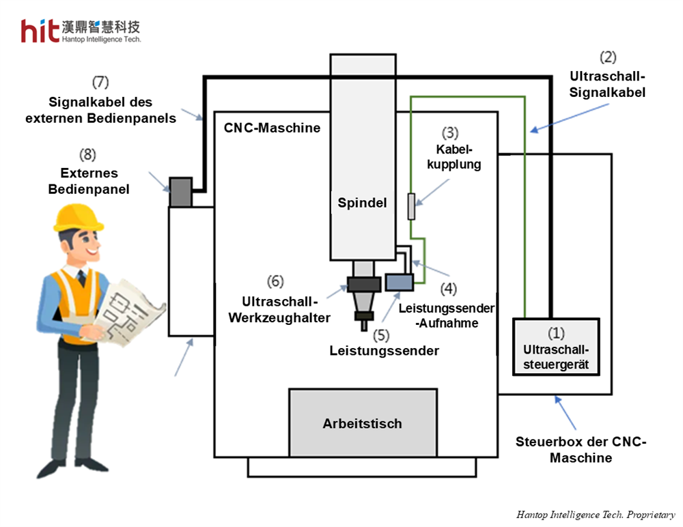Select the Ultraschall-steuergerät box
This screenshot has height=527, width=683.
[556, 347]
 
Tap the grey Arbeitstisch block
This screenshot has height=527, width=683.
[363, 423]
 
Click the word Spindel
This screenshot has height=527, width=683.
[362, 203]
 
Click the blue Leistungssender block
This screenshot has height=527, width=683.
[399, 281]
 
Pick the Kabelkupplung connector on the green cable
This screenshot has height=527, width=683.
[411, 206]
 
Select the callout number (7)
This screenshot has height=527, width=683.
[101, 83]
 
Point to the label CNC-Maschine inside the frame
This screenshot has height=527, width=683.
[272, 128]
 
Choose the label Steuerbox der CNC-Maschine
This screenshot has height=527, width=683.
[581, 450]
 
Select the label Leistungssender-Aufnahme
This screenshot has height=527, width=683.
[446, 315]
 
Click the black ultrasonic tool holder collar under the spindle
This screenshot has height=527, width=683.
[363, 284]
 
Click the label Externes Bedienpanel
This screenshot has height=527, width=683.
[88, 181]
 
